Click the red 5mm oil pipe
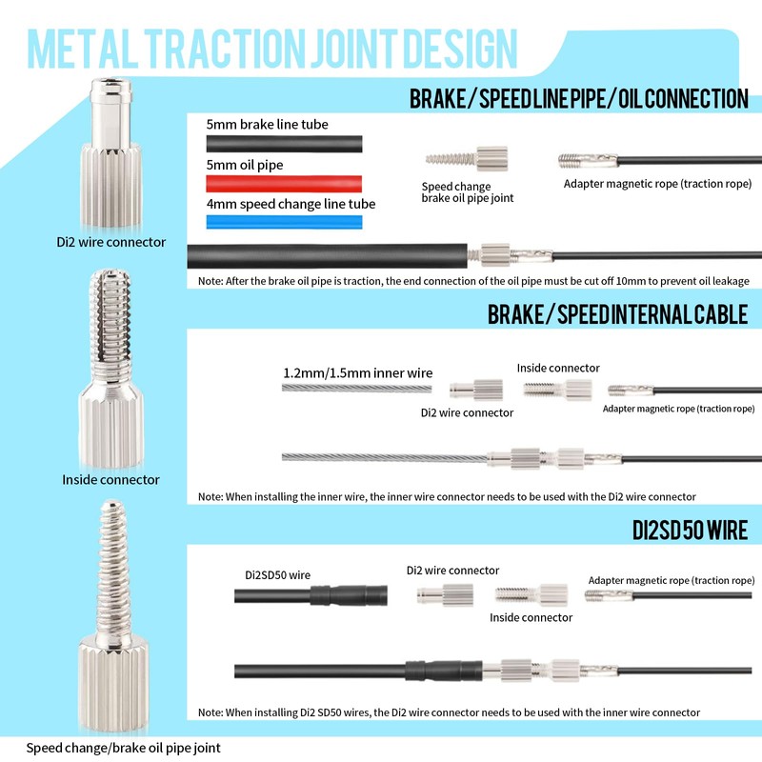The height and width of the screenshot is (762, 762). point(284,182)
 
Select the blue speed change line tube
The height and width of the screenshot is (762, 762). point(284,221)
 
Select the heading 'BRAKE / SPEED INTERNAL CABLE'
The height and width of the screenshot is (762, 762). point(617,314)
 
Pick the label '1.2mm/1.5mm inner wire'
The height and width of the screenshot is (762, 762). point(357,372)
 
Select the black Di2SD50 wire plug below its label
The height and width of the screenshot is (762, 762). point(349,595)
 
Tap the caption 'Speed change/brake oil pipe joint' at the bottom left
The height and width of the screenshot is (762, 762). point(123,748)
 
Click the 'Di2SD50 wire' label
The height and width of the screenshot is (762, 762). point(277,574)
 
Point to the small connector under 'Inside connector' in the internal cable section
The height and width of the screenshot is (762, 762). point(557,389)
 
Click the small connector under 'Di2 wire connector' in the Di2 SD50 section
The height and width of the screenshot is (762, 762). point(441,595)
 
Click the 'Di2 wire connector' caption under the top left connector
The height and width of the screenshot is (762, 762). point(110,242)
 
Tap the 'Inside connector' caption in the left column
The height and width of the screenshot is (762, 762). point(110,479)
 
